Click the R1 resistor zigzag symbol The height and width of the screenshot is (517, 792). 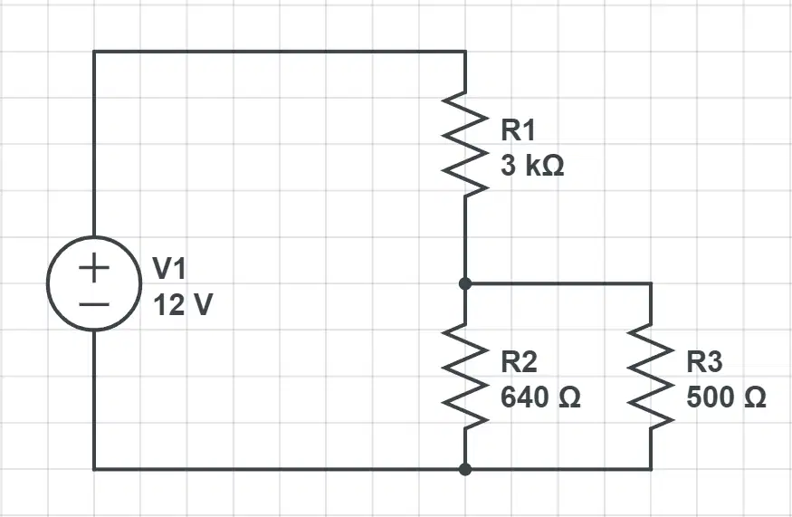(465, 145)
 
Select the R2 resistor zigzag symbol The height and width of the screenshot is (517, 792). (465, 377)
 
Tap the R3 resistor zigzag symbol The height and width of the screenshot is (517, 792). (651, 377)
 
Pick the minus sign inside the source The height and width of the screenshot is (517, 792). (94, 304)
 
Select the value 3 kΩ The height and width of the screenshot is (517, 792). (532, 166)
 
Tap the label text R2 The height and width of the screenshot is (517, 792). (519, 362)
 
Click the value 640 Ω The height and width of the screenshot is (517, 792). (540, 397)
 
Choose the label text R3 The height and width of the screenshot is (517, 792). (704, 362)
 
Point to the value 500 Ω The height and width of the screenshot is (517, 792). (726, 397)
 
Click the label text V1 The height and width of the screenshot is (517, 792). (169, 268)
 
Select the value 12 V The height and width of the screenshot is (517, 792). (183, 305)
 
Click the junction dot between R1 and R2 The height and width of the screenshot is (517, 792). (465, 283)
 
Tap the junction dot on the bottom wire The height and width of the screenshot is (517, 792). (465, 470)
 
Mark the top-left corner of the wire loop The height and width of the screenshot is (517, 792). (94, 52)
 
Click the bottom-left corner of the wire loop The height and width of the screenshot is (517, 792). (94, 470)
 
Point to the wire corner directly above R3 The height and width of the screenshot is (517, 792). (651, 283)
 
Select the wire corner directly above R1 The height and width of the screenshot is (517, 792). (465, 52)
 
